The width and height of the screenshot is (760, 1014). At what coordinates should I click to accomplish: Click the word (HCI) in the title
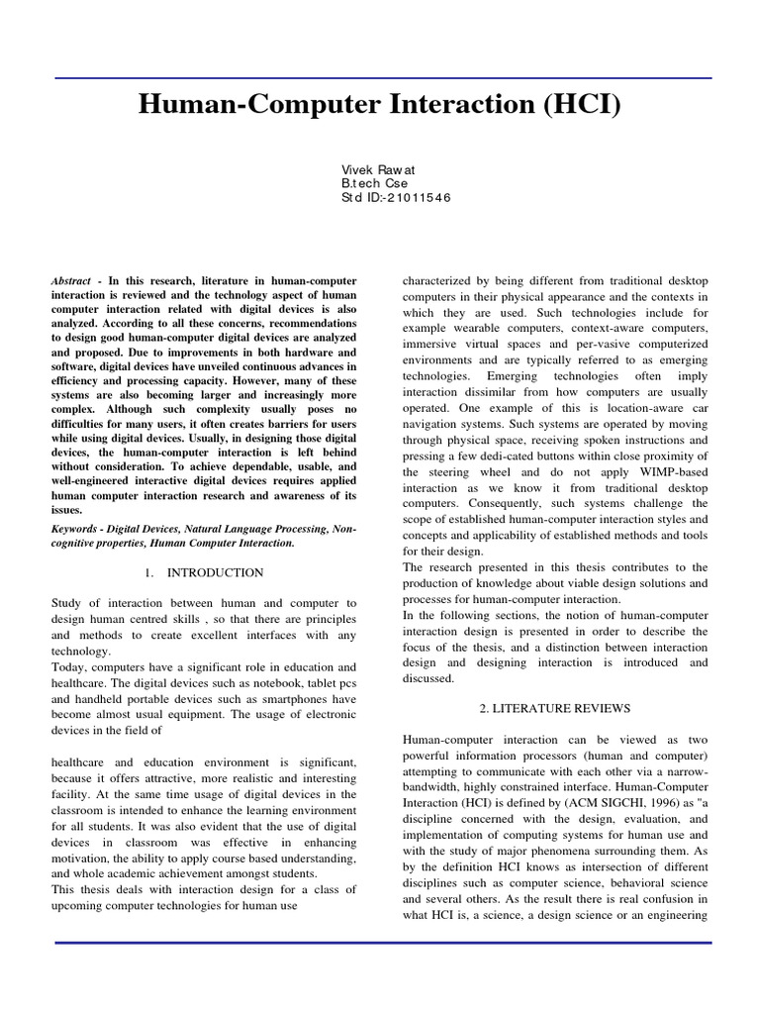point(579,104)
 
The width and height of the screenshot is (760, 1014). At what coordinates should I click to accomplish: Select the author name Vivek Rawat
point(378,169)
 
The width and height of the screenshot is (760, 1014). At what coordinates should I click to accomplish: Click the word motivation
point(82,842)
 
